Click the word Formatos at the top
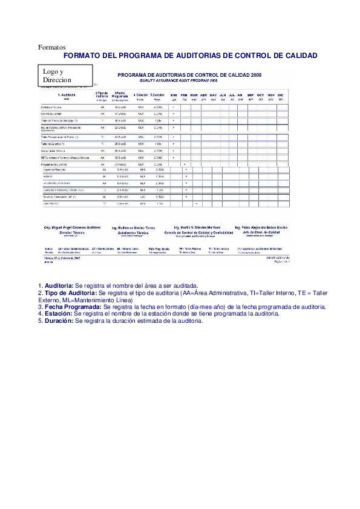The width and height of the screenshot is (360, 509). coord(51,47)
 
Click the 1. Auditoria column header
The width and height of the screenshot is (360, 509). coord(67,95)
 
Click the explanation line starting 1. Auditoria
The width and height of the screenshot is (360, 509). coord(117,285)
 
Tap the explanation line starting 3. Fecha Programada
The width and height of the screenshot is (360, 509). coord(182,307)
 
